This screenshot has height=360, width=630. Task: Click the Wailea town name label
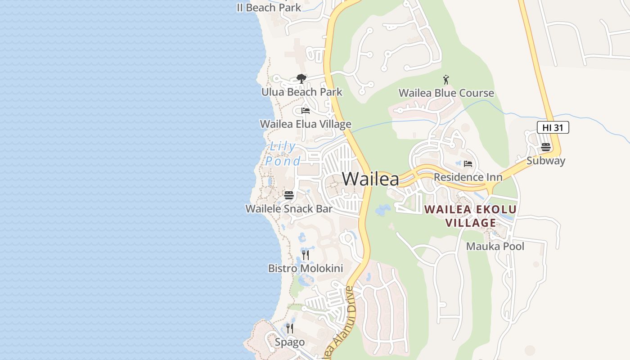tap(370, 179)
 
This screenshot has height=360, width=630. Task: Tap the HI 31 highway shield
tap(553, 127)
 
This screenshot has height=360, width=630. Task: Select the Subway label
tap(546, 161)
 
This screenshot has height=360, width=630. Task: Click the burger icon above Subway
tap(546, 147)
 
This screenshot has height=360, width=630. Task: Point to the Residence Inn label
tap(468, 177)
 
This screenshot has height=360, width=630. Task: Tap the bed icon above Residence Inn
tap(468, 164)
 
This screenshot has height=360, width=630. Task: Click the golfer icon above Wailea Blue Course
tap(446, 80)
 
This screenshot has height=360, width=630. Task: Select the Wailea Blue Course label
tap(446, 93)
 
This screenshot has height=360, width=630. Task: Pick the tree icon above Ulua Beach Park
tap(301, 79)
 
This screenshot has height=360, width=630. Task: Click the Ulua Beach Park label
tap(301, 92)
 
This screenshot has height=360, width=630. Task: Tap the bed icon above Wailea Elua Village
tap(306, 111)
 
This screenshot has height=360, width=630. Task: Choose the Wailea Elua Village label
tap(306, 124)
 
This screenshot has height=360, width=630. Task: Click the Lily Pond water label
tap(283, 153)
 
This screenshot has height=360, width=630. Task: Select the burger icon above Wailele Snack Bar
tap(289, 195)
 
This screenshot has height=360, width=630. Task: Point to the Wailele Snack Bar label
tap(289, 209)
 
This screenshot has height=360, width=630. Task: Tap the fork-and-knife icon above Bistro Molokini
tap(306, 255)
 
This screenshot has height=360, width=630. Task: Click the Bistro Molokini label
tap(306, 269)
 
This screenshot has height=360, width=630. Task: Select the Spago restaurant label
tap(290, 342)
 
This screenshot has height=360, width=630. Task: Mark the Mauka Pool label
tap(495, 247)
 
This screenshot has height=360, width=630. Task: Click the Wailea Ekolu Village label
tap(470, 216)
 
